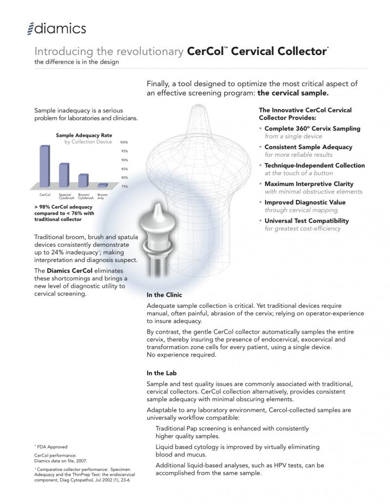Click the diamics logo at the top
click(57, 29)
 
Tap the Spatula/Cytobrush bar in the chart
click(64, 175)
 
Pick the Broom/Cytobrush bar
click(83, 180)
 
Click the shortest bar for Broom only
click(102, 185)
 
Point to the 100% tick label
click(124, 143)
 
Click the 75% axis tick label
click(124, 187)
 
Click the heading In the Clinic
click(164, 295)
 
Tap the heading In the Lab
click(162, 373)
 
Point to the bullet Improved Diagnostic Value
click(305, 203)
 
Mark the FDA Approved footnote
click(52, 447)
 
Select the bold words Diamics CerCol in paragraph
click(69, 271)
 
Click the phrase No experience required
click(181, 355)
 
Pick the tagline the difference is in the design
click(77, 62)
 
